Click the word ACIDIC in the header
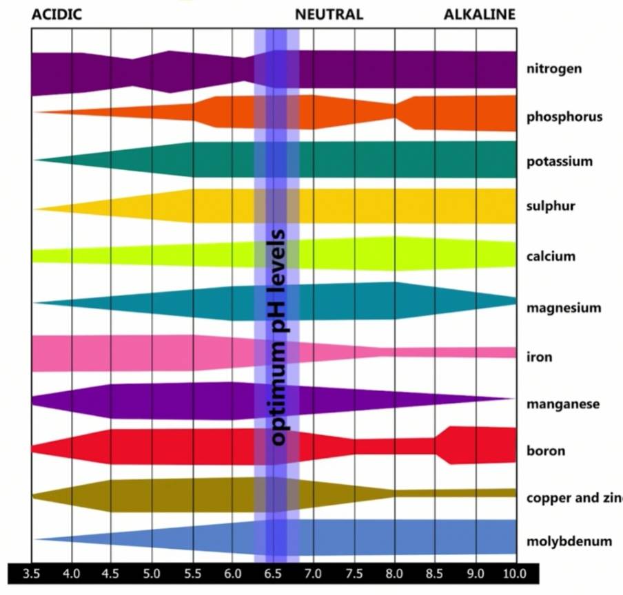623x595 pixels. pos(57,14)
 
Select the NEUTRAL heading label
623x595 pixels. pos(329,14)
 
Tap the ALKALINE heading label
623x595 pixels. pos(479,14)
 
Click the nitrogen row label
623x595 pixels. pos(554,69)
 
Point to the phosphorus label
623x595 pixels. pos(564,116)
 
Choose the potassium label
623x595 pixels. pos(560,162)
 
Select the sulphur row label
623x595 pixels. pos(551,206)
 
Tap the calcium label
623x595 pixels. pos(551,256)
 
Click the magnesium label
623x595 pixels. pos(564,308)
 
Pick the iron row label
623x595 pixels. pos(539,357)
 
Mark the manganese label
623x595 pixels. pos(563,404)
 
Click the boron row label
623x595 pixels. pos(546,451)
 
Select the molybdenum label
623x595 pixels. pos(569,541)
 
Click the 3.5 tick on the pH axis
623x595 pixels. pos(32,573)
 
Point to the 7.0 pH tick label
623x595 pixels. pos(314,573)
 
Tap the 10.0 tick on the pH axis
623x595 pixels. pos(514,573)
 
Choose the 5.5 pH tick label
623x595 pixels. pos(192,573)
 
